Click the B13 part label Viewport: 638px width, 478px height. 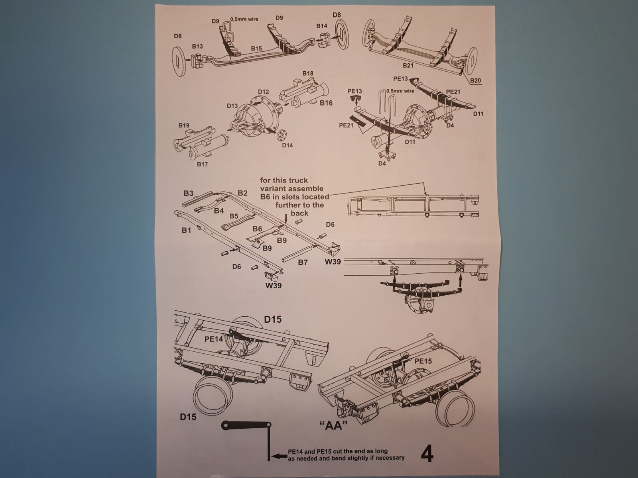point(197,46)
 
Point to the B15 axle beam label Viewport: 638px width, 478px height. point(256,49)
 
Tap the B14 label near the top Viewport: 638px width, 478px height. point(322,26)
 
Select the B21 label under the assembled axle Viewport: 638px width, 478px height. point(408,65)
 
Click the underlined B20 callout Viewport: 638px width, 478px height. point(475,80)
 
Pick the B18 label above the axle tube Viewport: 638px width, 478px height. point(308,73)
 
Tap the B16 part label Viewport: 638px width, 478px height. point(326,103)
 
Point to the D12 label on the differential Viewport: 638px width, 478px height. point(263,92)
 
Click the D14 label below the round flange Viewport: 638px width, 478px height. point(287,145)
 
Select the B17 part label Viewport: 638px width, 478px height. point(202,164)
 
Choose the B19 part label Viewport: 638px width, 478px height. point(184,125)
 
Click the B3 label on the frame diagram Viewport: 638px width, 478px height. point(188,193)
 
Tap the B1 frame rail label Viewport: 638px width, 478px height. point(186,230)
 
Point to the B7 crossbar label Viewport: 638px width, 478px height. point(303,263)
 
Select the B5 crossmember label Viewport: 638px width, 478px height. point(234,216)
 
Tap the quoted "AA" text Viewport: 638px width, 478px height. point(331,426)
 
